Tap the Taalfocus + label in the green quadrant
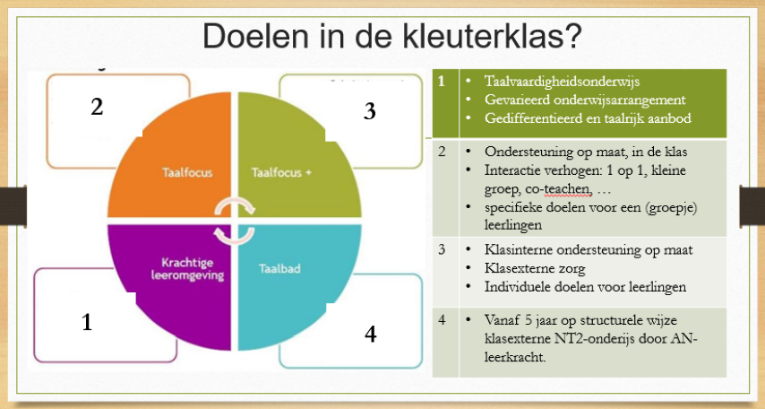tap(281, 172)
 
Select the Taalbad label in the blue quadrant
tap(279, 269)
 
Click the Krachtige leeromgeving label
tap(187, 269)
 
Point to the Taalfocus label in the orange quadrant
tap(187, 172)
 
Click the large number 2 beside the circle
tap(97, 107)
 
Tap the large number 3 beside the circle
tap(370, 111)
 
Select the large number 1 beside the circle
tap(87, 323)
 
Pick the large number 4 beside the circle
tap(370, 334)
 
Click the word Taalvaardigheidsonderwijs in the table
tap(562, 81)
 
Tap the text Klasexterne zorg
tap(535, 268)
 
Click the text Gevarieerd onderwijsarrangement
tap(585, 100)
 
